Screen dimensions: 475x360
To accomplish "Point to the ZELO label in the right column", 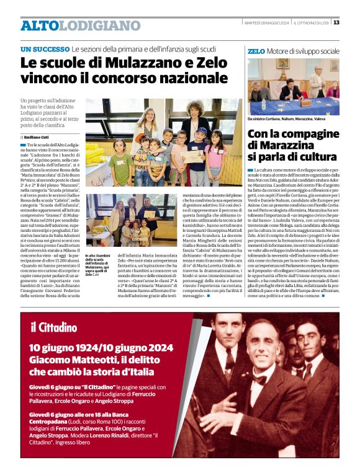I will (x=256, y=51).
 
